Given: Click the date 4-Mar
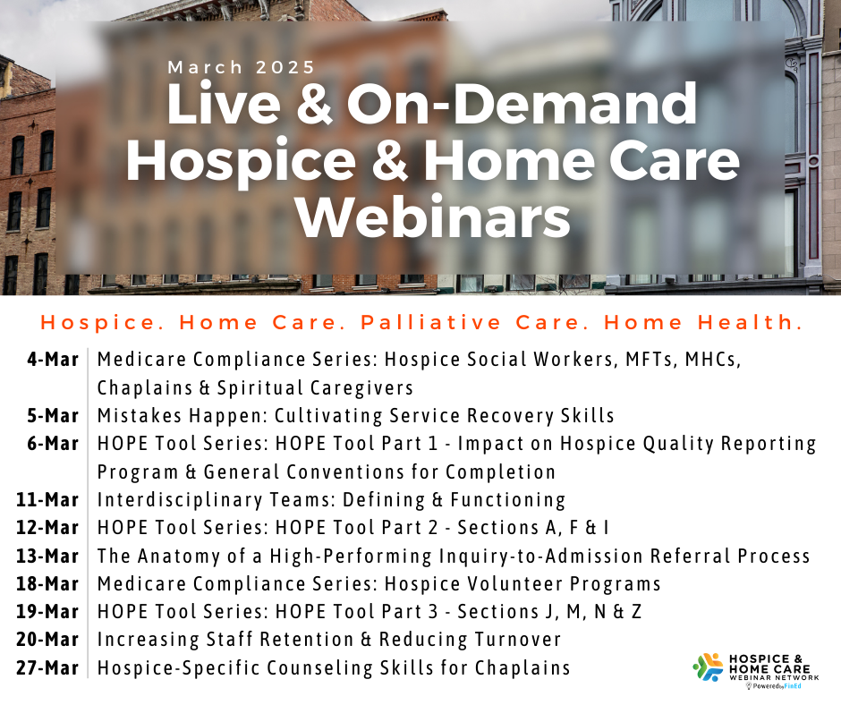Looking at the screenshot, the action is pos(53,360).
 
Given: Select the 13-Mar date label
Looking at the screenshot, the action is pos(47,556).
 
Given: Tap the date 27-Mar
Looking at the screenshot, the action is pos(47,668).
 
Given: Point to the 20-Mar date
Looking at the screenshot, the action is pos(47,640).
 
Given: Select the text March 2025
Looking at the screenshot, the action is pos(242,68).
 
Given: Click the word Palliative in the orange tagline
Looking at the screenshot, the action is pos(430,322).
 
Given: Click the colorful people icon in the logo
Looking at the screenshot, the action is pos(708,667).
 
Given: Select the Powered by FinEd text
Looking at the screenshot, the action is pos(773,686).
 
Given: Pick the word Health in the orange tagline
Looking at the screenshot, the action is pos(750,322).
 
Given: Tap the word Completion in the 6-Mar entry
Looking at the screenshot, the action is pos(500,472).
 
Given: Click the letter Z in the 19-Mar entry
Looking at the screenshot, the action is pos(636,612).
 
